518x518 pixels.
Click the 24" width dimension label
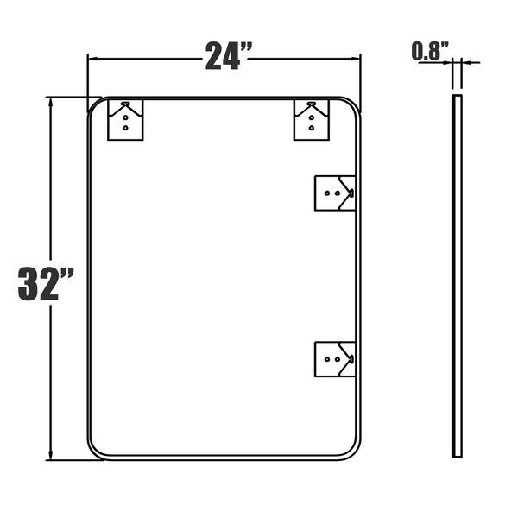pyautogui.click(x=229, y=56)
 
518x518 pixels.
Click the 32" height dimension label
pyautogui.click(x=46, y=284)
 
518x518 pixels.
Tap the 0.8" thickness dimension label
pyautogui.click(x=430, y=51)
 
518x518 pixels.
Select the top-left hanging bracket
pyautogui.click(x=125, y=120)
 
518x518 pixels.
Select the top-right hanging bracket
pyautogui.click(x=312, y=120)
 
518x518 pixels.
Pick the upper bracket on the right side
pyautogui.click(x=335, y=193)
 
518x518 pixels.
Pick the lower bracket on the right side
pyautogui.click(x=335, y=359)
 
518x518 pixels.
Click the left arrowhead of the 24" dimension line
pyautogui.click(x=92, y=59)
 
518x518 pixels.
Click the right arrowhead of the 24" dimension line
pyautogui.click(x=356, y=59)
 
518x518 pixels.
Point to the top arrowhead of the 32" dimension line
pyautogui.click(x=51, y=102)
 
